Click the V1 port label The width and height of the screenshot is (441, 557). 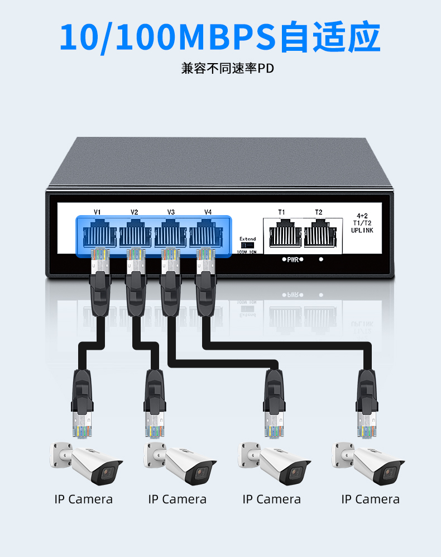coord(97,212)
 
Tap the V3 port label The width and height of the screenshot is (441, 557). coord(171,212)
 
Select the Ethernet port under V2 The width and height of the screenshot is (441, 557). coord(135,233)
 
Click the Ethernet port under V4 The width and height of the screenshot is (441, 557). coord(208,233)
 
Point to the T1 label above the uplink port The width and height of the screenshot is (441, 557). coord(281,212)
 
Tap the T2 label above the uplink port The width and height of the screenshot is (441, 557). coord(318,212)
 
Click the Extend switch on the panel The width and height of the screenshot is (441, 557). coord(247,245)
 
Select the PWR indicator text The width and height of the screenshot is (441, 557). coord(293,260)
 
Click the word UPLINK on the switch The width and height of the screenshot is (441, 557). coord(362,230)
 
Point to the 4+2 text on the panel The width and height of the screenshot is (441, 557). coord(362,215)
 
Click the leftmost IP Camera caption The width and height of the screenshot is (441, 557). coord(84,499)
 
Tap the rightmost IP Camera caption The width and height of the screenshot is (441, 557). coord(370,499)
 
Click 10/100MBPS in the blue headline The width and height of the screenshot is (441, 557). coord(167,37)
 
